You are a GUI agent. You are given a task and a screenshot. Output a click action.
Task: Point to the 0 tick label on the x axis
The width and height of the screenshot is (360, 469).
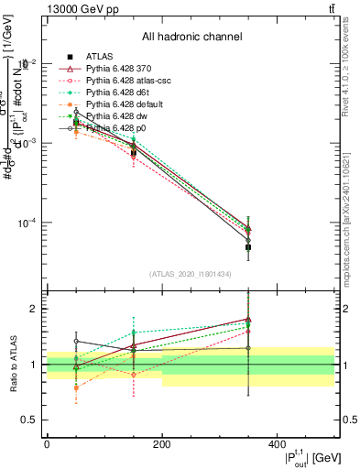(x=47, y=443)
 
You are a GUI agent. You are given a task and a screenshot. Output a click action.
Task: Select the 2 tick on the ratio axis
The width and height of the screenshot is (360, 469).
(x=35, y=309)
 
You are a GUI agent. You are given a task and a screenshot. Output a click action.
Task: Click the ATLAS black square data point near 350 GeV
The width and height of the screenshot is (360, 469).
(x=248, y=247)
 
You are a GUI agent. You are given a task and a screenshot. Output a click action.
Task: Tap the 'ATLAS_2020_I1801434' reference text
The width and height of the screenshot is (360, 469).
(x=191, y=274)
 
